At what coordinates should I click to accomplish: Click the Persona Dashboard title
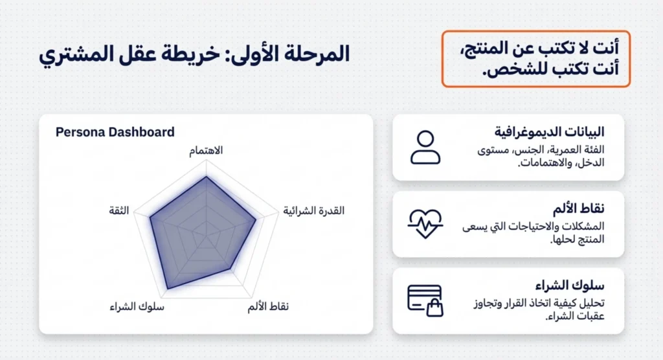[115, 132]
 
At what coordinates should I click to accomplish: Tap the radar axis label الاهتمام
[205, 151]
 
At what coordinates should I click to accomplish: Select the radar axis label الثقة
[119, 210]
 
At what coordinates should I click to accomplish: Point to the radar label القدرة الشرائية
[314, 211]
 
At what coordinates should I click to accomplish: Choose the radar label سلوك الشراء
[137, 306]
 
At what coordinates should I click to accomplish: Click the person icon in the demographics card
[425, 148]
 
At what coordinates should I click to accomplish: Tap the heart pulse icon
[425, 223]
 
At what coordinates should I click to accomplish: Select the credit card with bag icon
[425, 300]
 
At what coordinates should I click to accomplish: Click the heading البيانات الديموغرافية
[550, 132]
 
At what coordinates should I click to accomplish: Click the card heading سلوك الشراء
[570, 286]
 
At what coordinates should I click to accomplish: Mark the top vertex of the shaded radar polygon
[206, 176]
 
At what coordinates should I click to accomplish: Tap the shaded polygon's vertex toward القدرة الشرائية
[256, 219]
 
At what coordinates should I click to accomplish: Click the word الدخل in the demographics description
[590, 162]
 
